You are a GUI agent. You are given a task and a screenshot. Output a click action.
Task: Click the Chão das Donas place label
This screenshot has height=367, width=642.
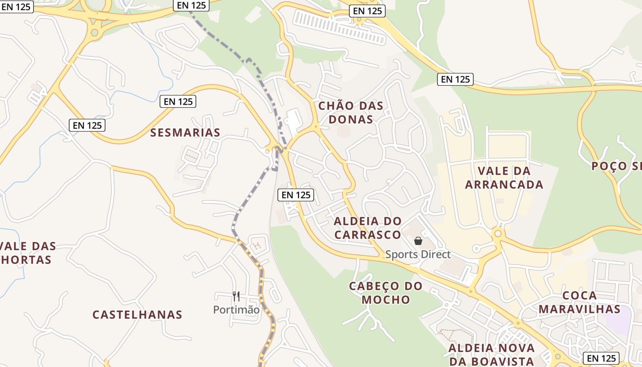coord(351,112)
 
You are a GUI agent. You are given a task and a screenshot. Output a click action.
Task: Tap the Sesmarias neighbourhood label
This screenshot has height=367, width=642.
coord(185,133)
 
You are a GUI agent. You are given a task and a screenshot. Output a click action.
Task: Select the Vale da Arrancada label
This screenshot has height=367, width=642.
coord(504,178)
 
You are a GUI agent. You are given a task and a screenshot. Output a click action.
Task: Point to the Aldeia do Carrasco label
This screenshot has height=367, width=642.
coord(368,228)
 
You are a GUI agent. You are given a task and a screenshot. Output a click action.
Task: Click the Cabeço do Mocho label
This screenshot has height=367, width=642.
coord(379,293)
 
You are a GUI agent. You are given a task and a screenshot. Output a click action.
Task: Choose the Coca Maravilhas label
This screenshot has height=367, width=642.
coord(579,302)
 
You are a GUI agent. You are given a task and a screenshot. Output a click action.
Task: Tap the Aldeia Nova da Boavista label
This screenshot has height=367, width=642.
coord(492,354)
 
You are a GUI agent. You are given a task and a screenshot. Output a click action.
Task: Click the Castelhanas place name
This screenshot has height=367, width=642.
coord(138,315)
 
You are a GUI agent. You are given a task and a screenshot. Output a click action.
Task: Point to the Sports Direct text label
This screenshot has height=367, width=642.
coord(418,255)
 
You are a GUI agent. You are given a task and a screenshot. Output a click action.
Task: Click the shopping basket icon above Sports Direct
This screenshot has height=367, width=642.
coord(418,241)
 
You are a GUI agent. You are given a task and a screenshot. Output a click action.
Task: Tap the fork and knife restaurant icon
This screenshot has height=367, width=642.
coord(236,296)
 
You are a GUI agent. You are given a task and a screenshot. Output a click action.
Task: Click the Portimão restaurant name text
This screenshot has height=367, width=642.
coord(236,310)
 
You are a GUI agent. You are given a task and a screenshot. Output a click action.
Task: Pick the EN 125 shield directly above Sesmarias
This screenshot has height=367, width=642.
coord(178,101)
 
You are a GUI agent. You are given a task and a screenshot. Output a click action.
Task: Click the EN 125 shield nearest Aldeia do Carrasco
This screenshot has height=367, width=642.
coord(296,195)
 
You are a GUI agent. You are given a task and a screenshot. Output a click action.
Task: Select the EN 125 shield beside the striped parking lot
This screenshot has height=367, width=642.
coord(367,11)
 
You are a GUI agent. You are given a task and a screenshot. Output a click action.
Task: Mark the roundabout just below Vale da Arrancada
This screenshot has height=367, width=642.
coord(498,234)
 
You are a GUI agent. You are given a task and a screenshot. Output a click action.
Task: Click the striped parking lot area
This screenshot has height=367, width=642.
coord(339,28)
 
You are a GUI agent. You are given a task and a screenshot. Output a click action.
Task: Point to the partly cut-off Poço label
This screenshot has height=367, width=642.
coord(616,166)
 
